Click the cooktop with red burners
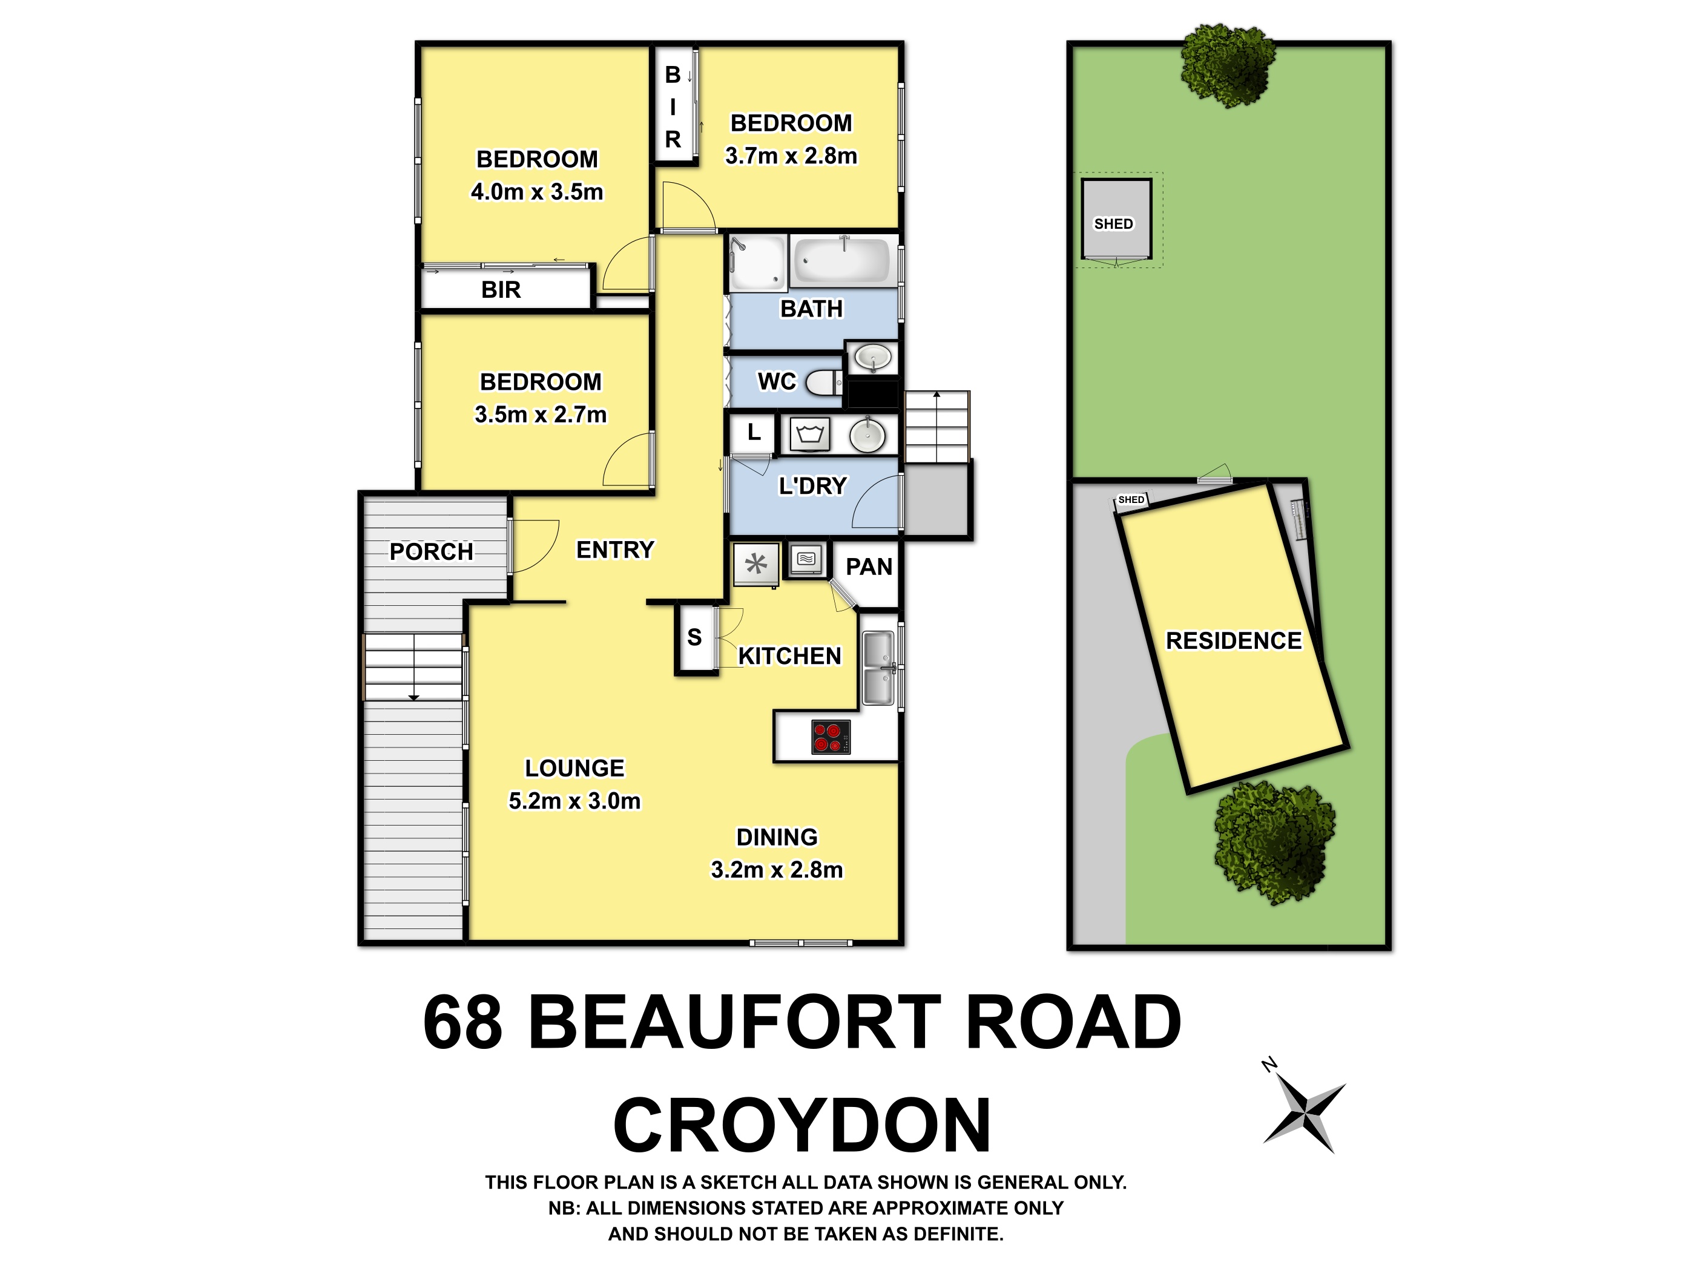(x=831, y=737)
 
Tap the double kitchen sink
(x=878, y=668)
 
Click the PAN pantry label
(x=869, y=567)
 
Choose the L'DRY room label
(x=812, y=486)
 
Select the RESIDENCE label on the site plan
(x=1233, y=640)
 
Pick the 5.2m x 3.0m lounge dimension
(x=574, y=801)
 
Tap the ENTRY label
(x=614, y=550)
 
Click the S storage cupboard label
(x=694, y=637)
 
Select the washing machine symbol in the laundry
(x=810, y=435)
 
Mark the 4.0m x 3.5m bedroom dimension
(x=536, y=191)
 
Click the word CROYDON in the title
(x=802, y=1125)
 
